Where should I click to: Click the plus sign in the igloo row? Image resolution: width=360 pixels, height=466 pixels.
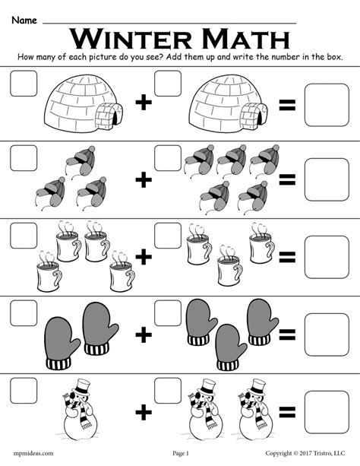pyautogui.click(x=143, y=106)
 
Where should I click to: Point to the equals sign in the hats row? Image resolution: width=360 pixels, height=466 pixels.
pyautogui.click(x=287, y=179)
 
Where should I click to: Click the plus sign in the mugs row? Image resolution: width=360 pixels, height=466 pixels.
pyautogui.click(x=143, y=257)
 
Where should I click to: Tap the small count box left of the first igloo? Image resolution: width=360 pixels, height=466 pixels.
pyautogui.click(x=23, y=84)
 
